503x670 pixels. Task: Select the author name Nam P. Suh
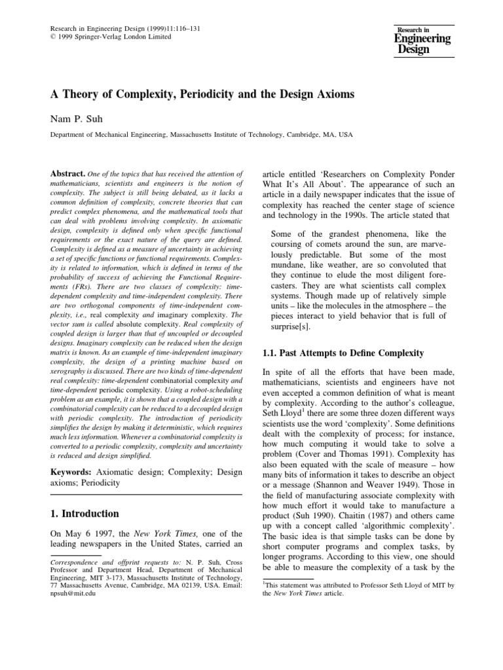[74, 119]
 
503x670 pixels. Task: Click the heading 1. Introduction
[84, 514]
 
